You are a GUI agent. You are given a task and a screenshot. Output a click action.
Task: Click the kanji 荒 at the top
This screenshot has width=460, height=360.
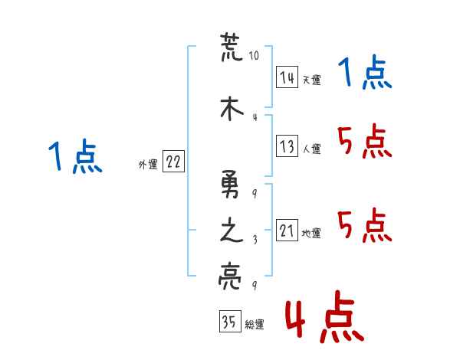tap(232, 47)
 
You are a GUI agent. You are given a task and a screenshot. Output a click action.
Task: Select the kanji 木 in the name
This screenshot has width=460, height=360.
tap(232, 108)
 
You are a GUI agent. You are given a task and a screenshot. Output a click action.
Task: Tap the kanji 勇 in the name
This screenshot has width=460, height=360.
tap(230, 185)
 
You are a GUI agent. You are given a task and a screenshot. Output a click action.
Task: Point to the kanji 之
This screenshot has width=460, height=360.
tap(232, 230)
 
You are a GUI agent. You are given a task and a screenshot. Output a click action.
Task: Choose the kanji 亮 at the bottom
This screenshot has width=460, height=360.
tap(230, 277)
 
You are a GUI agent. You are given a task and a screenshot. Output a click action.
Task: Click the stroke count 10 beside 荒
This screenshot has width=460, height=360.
tap(254, 55)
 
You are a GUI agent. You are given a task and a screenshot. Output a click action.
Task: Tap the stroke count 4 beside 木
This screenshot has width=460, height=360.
tap(255, 117)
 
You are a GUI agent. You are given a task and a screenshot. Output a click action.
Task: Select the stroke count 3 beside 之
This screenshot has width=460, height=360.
tap(255, 240)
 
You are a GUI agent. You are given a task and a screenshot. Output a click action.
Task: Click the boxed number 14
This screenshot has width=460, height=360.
tap(287, 77)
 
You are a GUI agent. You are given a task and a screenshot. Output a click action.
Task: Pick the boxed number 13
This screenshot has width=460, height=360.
tap(287, 146)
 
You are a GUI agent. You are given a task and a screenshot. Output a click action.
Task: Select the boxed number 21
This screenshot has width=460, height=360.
tap(287, 230)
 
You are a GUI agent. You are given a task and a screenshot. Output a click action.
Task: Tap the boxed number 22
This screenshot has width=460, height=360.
tap(173, 161)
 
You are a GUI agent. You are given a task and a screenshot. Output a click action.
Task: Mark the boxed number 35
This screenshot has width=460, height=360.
tap(230, 321)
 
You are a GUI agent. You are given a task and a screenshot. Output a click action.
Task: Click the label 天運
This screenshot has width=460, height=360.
tap(312, 80)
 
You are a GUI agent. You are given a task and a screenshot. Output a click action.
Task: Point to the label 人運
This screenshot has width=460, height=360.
tap(312, 149)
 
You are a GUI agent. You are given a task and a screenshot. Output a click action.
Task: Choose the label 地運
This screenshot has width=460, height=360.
tap(311, 233)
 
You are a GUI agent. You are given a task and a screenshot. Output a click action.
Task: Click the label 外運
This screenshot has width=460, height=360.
tap(148, 165)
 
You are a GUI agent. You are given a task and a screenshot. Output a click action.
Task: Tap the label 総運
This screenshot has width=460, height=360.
tap(255, 324)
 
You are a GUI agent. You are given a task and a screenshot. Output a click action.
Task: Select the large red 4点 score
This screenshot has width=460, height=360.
tap(325, 316)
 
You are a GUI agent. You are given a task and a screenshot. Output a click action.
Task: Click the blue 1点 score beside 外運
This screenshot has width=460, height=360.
tap(75, 155)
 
